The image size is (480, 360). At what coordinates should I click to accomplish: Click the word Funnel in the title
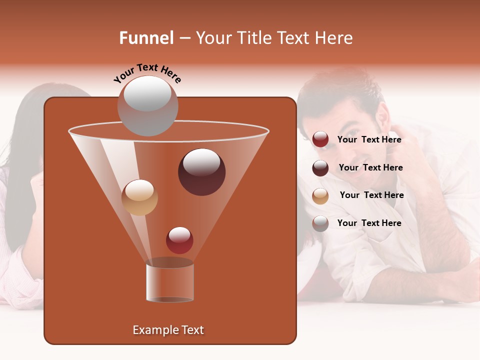pos(146,38)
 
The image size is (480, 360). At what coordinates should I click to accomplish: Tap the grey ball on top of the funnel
pos(147,105)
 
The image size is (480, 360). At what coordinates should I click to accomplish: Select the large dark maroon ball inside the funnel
pos(201,171)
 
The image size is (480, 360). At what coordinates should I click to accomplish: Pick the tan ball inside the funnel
pos(139,197)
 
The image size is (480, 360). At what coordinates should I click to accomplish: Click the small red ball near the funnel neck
pos(179,240)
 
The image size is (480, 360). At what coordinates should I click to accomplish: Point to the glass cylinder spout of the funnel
pos(170,282)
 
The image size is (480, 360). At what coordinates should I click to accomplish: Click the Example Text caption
pos(168,330)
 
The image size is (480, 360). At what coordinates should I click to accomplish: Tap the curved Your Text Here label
pos(147,73)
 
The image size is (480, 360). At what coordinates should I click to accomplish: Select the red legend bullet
pos(320,139)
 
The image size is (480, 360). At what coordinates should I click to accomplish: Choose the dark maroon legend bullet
pos(320,168)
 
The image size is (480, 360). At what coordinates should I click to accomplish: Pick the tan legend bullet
pos(320,195)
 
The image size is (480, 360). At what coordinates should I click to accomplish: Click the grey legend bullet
pos(320,223)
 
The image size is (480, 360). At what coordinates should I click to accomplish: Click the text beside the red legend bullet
pos(369,139)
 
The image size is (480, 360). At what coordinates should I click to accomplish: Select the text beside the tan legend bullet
pos(371,195)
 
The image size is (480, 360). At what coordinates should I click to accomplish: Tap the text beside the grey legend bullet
pos(369,223)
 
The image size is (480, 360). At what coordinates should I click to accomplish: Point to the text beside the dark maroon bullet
pos(370,167)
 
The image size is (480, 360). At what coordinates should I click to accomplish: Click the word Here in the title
pos(334,38)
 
